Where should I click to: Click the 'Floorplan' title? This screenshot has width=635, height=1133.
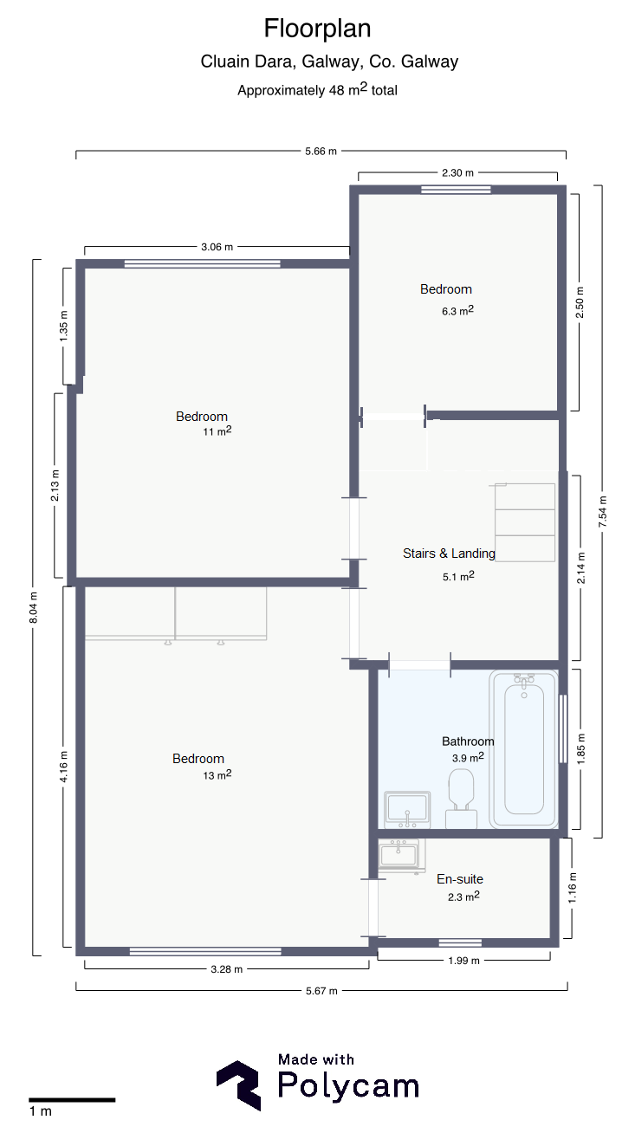click(317, 29)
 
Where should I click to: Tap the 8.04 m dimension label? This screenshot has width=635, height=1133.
click(34, 607)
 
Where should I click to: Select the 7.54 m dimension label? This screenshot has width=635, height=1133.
click(602, 511)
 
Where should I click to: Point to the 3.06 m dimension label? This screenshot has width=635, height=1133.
click(217, 247)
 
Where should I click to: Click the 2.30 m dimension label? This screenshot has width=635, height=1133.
click(458, 172)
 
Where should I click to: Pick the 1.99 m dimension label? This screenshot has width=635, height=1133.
click(464, 961)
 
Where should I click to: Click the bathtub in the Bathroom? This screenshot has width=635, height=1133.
click(524, 749)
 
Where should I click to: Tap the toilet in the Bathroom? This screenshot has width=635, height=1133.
click(461, 798)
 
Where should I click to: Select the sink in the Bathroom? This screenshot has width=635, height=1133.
click(407, 809)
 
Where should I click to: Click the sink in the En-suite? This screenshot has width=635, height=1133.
click(399, 855)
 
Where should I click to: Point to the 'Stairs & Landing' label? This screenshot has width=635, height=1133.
click(449, 554)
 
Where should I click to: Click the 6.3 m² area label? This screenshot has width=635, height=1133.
click(457, 311)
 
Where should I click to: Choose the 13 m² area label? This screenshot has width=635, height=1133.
click(217, 775)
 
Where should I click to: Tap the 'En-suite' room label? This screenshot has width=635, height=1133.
click(460, 879)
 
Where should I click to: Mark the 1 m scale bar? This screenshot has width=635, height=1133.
click(72, 1099)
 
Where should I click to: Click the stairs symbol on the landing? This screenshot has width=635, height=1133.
click(525, 522)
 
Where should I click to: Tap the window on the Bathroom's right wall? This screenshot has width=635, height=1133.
click(562, 728)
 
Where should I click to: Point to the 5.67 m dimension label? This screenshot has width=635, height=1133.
click(321, 991)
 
